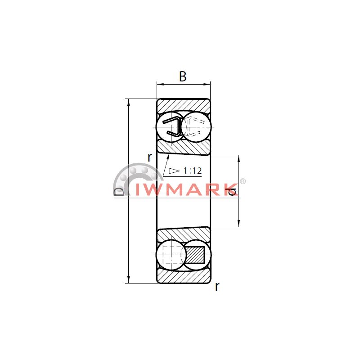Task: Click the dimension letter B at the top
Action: pyautogui.click(x=183, y=76)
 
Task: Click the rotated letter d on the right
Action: pyautogui.click(x=231, y=192)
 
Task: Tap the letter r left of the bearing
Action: pyautogui.click(x=150, y=157)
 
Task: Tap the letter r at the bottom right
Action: pyautogui.click(x=217, y=287)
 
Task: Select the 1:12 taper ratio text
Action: pyautogui.click(x=193, y=171)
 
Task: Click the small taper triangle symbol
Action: pyautogui.click(x=174, y=171)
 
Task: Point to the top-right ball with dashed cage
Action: pyautogui.click(x=196, y=127)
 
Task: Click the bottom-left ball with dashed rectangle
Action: pyautogui.click(x=171, y=255)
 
